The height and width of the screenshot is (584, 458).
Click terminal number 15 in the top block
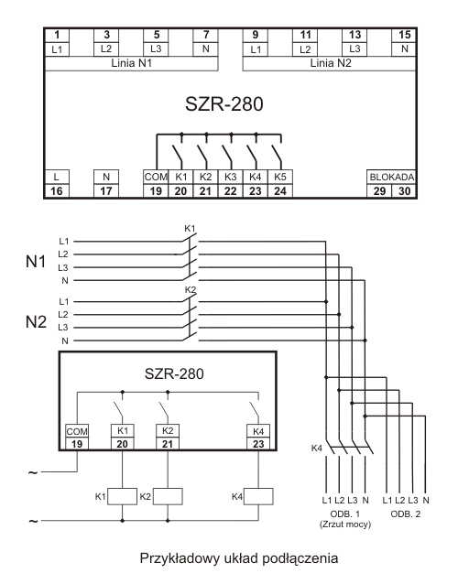coord(404,35)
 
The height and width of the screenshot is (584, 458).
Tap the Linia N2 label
coord(331,63)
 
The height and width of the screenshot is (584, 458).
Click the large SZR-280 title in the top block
coord(224,104)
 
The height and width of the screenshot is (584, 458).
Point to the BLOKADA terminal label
coord(392,177)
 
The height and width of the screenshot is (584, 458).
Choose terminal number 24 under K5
coord(280,191)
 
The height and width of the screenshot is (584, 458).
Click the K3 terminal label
coord(230,177)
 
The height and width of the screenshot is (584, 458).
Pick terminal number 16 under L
coord(56,191)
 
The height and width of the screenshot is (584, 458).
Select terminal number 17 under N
coord(106,191)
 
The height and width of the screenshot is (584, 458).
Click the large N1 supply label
coord(36,262)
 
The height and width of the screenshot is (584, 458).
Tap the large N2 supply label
coord(36,322)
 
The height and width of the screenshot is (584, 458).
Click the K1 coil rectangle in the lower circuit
coord(122,496)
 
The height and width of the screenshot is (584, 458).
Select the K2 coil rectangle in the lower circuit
coord(168,496)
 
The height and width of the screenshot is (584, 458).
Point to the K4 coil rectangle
coord(258,496)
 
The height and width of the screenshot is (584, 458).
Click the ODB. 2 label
coord(406,514)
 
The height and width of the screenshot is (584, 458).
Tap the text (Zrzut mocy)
coord(345,525)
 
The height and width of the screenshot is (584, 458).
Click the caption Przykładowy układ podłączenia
coord(239,558)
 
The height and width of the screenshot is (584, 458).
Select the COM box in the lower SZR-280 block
coord(77,431)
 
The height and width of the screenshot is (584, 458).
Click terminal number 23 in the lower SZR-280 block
coord(258,444)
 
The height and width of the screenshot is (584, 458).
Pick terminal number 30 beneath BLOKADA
coord(404,191)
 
